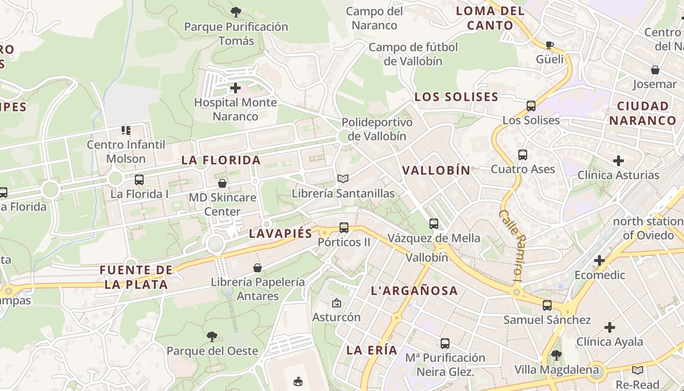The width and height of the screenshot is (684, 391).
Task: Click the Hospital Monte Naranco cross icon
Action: (x=235, y=88)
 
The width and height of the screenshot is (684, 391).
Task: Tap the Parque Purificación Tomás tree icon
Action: (x=235, y=11)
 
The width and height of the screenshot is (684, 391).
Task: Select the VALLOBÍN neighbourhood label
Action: (x=436, y=170)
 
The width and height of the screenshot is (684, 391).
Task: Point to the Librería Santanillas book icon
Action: (x=343, y=179)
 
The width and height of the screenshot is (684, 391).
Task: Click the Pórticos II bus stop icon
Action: (x=344, y=227)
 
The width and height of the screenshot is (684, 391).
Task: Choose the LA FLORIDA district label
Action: (x=221, y=160)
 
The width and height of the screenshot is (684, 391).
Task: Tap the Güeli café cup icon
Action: (x=550, y=45)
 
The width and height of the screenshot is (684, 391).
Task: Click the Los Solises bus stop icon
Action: (x=531, y=106)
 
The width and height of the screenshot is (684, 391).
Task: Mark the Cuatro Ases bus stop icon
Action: (x=523, y=155)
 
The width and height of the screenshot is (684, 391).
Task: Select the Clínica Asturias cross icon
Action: (x=619, y=160)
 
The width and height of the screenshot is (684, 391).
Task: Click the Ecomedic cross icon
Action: (x=599, y=261)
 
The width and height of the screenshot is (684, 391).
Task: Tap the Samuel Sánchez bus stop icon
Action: (x=547, y=305)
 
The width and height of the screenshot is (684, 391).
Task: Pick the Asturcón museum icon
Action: (x=336, y=303)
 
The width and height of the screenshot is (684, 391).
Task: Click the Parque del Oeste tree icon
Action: (x=212, y=336)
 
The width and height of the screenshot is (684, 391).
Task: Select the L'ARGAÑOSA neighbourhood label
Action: (x=415, y=291)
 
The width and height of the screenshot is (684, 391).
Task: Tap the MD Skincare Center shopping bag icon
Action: (x=222, y=183)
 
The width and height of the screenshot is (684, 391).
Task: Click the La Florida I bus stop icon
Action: (x=139, y=179)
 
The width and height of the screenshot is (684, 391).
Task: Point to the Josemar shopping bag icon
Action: (x=655, y=70)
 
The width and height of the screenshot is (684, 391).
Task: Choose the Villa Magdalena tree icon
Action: (x=556, y=355)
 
